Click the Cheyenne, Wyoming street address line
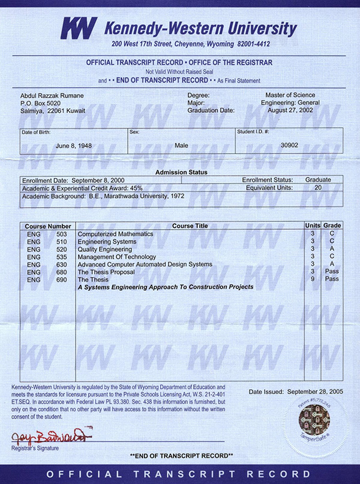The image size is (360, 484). (191, 45)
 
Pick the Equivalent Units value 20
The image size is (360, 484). (318, 187)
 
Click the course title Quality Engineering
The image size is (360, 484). (105, 249)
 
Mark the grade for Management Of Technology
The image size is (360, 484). (332, 257)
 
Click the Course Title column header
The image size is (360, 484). (190, 226)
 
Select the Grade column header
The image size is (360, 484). (332, 226)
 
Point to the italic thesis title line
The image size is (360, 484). (166, 287)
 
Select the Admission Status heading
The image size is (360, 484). (181, 172)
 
